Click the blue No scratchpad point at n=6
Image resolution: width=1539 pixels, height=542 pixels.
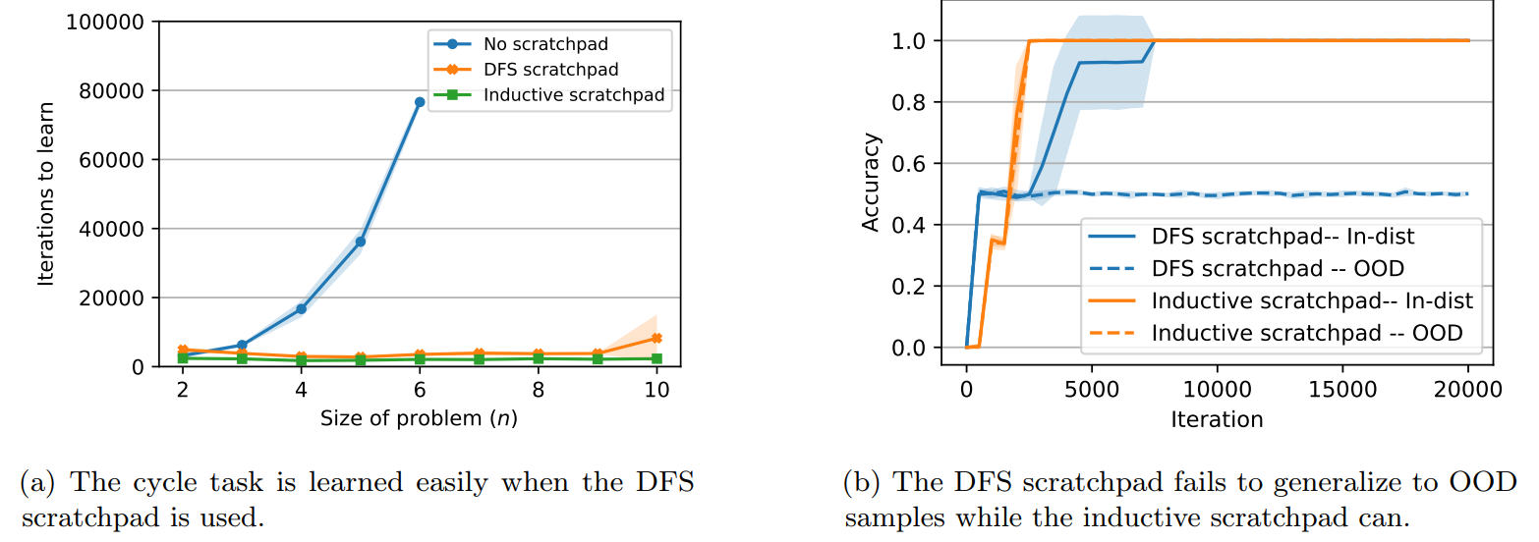tap(420, 102)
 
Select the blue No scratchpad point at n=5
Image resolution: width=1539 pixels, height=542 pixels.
tap(361, 242)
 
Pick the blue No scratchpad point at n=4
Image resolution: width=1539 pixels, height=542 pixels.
tap(301, 308)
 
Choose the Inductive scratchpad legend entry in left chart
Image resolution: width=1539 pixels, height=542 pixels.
tap(573, 95)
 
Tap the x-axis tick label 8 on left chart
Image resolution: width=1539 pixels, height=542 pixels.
tap(539, 390)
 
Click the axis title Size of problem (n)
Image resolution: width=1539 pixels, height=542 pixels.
tap(419, 418)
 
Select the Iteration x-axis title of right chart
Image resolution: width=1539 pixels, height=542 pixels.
tap(1217, 419)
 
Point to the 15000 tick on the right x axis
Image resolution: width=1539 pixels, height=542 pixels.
tap(1342, 390)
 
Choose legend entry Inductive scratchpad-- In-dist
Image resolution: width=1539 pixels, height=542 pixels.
tap(1312, 301)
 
